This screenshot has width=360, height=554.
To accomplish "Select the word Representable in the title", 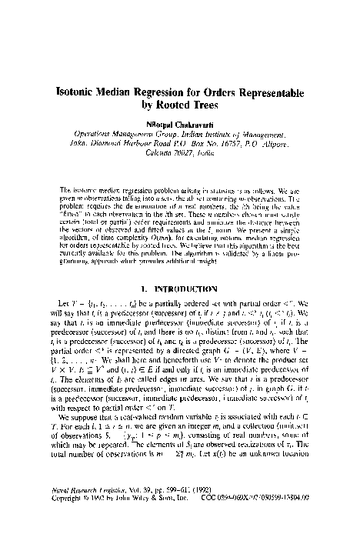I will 261,90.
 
